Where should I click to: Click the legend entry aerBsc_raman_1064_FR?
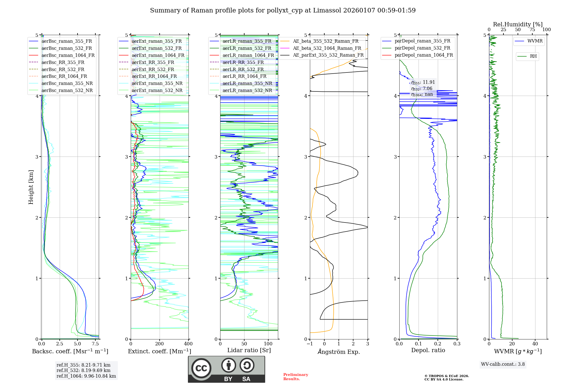68,55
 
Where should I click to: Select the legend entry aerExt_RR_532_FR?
153,69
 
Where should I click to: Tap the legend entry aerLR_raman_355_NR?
247,84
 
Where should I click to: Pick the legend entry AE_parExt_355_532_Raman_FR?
328,55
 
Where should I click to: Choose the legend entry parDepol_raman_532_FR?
422,48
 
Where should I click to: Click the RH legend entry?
533,56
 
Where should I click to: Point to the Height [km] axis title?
31,187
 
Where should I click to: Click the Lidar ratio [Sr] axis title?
249,350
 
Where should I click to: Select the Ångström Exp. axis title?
339,352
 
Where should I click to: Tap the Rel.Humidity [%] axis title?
518,24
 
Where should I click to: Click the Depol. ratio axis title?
428,350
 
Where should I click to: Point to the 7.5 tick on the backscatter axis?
95,344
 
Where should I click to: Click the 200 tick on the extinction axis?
160,344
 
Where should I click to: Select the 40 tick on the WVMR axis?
535,344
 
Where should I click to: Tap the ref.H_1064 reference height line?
86,376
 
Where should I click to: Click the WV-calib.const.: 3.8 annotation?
503,364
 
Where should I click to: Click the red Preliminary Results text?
295,377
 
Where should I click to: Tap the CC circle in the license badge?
201,368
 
